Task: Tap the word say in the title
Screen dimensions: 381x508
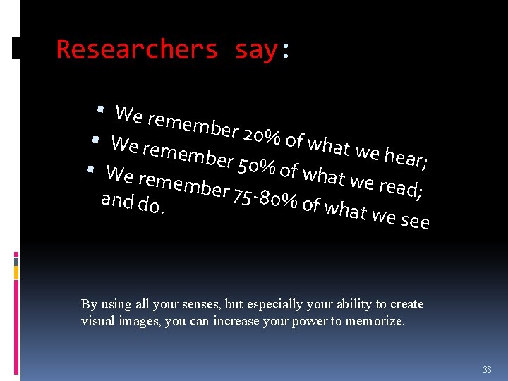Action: pos(256,49)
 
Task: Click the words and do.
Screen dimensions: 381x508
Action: pos(133,203)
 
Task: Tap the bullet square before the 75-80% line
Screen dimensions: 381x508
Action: pos(90,169)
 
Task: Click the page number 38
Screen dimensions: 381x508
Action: pos(487,369)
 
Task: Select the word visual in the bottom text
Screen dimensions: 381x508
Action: pos(96,321)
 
